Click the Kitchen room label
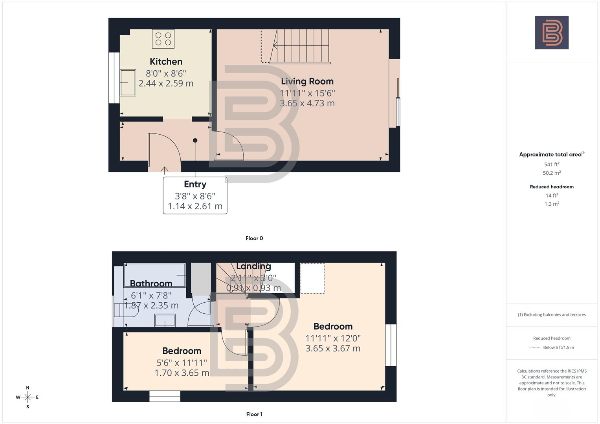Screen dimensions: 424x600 pos(166,62)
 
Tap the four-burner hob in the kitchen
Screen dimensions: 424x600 pos(163,39)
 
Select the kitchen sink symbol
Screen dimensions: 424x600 pos(128,82)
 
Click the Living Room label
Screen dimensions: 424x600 pos(307,81)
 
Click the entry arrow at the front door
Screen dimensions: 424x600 pos(164,170)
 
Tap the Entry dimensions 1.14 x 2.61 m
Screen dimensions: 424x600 pos(195,206)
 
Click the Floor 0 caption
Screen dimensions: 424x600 pos(254,238)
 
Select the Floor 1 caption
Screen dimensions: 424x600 pos(254,414)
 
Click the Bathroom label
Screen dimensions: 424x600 pos(151,283)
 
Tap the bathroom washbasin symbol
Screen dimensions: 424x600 pos(165,320)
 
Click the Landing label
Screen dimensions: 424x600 pos(253,266)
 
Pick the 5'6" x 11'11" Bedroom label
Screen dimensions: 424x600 pos(182,351)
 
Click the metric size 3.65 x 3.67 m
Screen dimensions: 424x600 pos(333,348)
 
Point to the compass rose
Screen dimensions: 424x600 pos(28,397)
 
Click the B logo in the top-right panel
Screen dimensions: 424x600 pos(552,33)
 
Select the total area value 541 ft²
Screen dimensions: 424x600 pos(552,164)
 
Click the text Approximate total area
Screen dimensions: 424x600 pos(550,155)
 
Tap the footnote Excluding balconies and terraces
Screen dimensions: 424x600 pos(552,314)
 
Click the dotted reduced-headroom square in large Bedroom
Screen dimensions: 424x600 pos(312,278)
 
